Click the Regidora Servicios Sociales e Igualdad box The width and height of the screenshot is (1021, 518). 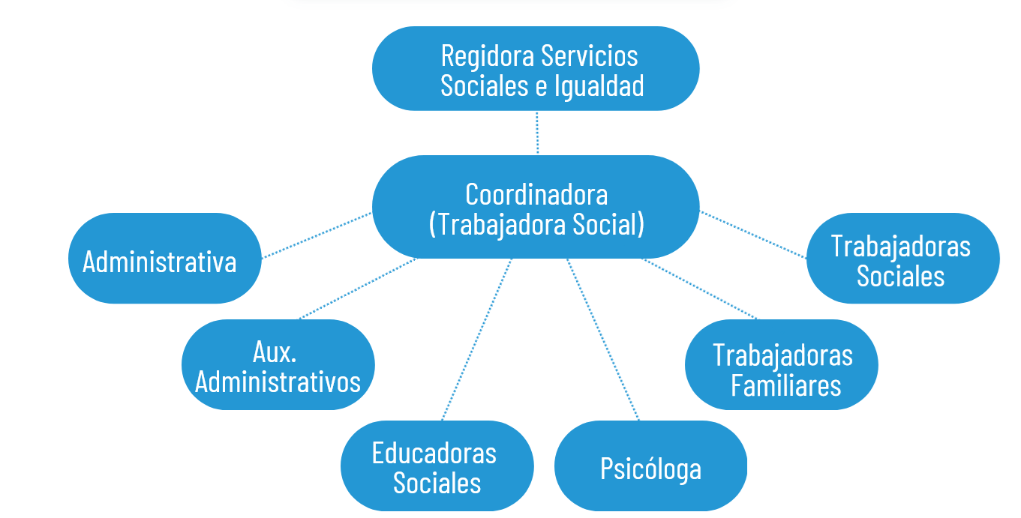(x=536, y=69)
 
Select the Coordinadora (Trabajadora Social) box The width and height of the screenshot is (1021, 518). (x=536, y=208)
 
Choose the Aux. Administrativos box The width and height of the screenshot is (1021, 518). (x=278, y=365)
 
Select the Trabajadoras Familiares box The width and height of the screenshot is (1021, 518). (x=782, y=365)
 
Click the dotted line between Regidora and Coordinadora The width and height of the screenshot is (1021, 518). (x=537, y=133)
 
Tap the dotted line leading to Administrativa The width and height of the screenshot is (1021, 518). (x=317, y=235)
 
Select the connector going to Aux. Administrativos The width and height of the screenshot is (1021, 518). (x=357, y=289)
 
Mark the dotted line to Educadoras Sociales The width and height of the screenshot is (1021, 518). (x=477, y=339)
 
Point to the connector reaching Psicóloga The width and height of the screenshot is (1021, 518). (x=603, y=339)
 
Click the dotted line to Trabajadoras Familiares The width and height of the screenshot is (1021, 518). (x=701, y=289)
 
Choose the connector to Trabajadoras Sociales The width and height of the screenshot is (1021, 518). (x=754, y=235)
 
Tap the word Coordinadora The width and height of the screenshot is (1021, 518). (x=536, y=194)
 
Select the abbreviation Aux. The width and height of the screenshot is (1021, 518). (x=275, y=351)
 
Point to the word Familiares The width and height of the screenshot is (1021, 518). (x=785, y=385)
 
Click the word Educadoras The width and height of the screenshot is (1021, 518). (x=434, y=453)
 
